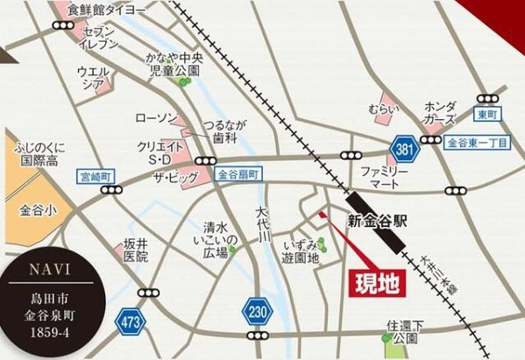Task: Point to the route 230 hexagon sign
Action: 255,312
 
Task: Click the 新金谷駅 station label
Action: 378,221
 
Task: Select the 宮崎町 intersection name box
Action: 96,176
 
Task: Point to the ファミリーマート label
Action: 384,180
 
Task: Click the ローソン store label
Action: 156,117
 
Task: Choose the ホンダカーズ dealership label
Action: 439,112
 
